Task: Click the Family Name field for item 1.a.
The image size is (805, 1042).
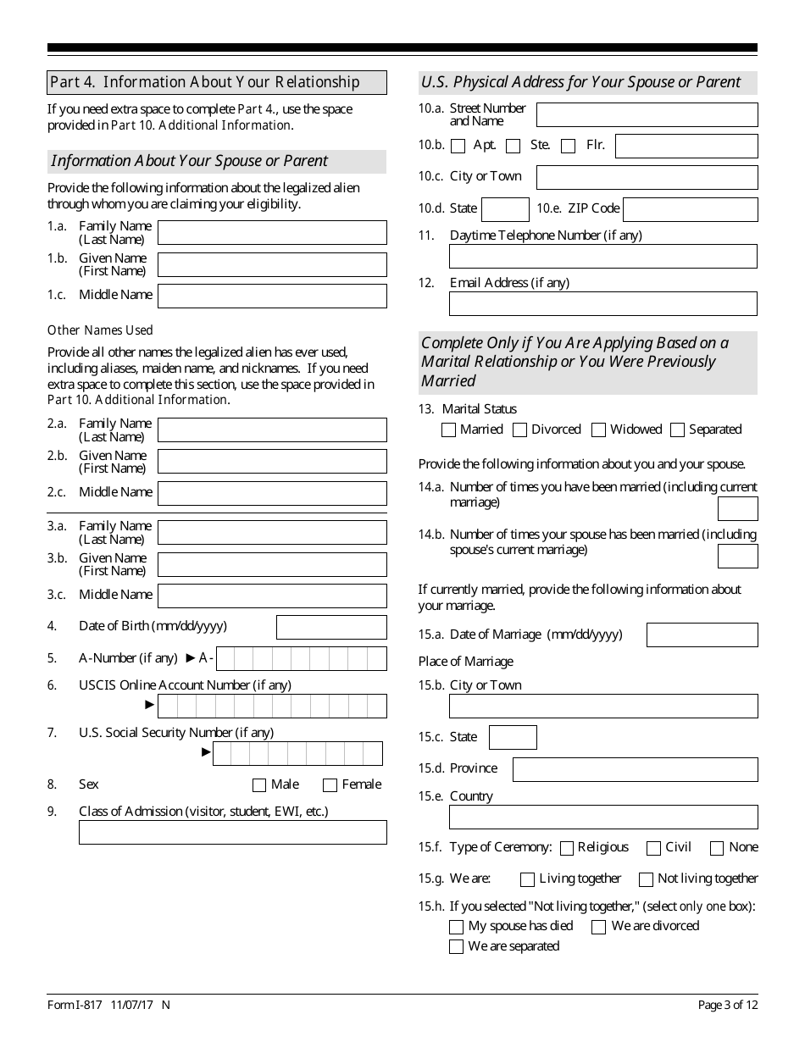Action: click(272, 233)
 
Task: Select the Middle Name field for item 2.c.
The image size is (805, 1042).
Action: click(272, 493)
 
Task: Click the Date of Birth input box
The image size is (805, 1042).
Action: click(331, 627)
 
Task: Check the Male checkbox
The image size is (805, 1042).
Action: click(259, 785)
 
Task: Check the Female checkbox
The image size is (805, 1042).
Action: click(330, 785)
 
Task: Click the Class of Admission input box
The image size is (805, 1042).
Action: click(232, 832)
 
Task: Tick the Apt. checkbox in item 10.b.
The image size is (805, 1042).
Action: click(458, 146)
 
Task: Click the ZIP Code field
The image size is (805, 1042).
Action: click(690, 209)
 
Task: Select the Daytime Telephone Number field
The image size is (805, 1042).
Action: click(602, 257)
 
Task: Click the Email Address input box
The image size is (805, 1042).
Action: click(602, 304)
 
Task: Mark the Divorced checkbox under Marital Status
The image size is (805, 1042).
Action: click(520, 430)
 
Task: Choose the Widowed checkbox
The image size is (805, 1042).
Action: click(599, 430)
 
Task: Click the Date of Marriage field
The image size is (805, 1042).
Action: click(702, 635)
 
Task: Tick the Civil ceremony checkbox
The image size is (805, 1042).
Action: click(653, 848)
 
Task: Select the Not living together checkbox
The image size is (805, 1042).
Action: click(647, 879)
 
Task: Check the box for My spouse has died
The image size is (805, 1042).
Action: click(457, 927)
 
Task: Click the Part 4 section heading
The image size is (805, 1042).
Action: click(217, 82)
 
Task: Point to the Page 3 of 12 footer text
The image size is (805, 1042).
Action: click(727, 1006)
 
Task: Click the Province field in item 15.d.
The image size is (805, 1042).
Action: click(635, 769)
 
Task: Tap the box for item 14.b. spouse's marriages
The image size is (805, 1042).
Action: click(737, 557)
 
